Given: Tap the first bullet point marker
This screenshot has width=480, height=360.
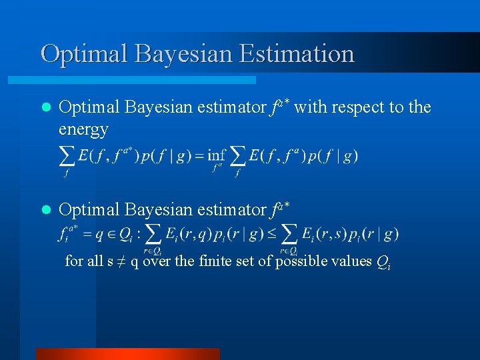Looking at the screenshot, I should [45, 107].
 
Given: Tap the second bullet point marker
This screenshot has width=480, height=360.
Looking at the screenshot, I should [45, 210].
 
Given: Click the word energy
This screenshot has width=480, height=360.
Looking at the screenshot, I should [83, 129].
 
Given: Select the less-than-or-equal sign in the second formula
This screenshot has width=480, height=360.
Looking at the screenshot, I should [272, 233].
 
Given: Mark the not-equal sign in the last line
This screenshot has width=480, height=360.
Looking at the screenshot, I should [121, 261].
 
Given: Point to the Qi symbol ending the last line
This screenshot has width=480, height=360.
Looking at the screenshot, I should [383, 262].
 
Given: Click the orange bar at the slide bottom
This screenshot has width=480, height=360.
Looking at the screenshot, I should [127, 353].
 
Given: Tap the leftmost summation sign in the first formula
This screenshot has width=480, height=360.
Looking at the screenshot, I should [67, 156].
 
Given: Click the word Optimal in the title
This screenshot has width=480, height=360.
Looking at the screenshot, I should [85, 53].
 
